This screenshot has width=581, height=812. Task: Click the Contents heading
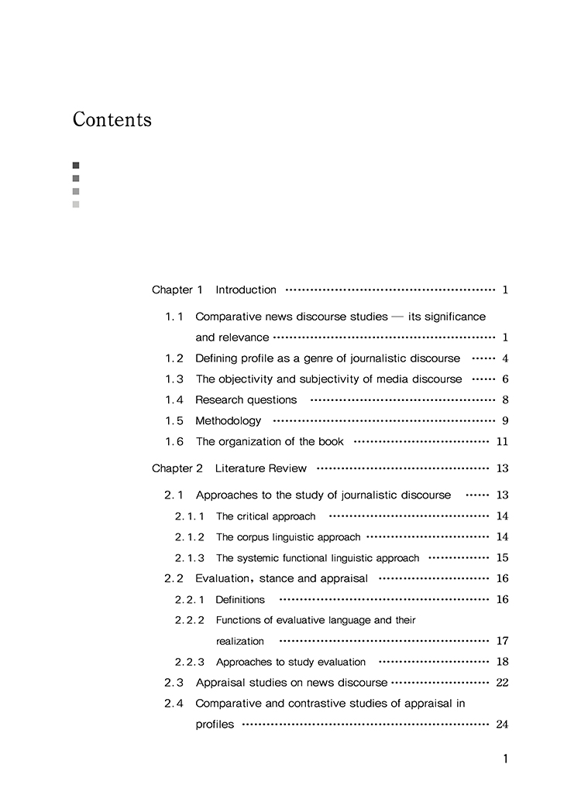tap(112, 120)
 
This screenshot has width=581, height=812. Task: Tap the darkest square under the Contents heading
tap(76, 165)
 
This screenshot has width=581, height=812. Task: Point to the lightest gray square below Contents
tap(76, 204)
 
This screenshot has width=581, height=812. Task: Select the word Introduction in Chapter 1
tap(246, 290)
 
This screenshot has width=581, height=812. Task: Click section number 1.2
tap(174, 359)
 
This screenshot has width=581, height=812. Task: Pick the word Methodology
tap(229, 421)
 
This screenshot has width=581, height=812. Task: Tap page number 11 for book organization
tap(502, 442)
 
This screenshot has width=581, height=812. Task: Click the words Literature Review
tap(261, 468)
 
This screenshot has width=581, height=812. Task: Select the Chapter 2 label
tap(177, 468)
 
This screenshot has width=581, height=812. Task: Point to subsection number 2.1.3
tap(190, 558)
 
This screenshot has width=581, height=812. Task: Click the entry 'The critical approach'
tap(266, 516)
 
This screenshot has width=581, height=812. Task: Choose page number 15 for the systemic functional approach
tap(502, 558)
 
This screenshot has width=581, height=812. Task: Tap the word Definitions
tap(240, 600)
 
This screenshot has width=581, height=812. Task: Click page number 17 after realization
tap(502, 641)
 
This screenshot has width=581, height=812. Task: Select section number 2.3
tap(174, 683)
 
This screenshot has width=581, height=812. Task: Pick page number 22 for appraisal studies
tap(502, 683)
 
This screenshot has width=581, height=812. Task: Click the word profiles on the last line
tap(215, 725)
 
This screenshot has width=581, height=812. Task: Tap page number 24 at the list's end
tap(502, 725)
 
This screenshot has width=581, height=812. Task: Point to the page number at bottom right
tap(506, 759)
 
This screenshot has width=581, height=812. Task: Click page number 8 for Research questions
tap(505, 400)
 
